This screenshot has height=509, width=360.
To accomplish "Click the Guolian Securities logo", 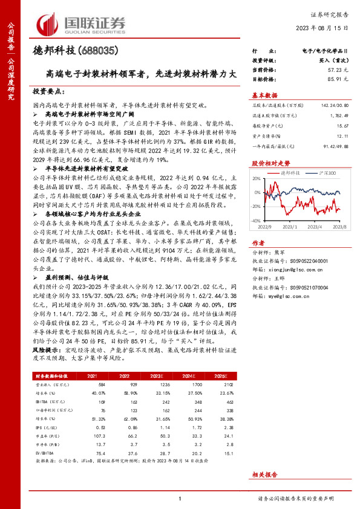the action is coord(82,22).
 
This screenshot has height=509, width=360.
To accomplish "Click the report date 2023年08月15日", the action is coord(326,28).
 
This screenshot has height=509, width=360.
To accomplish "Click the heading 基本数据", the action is coord(264,95).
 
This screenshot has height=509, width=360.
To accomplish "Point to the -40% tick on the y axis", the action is coord(257,222).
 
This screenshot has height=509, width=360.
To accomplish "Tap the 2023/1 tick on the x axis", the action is coord(287,227).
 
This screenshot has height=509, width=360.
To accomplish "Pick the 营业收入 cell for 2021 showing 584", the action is coord(93,384).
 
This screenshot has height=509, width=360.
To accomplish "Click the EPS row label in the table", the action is coord(42,428).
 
